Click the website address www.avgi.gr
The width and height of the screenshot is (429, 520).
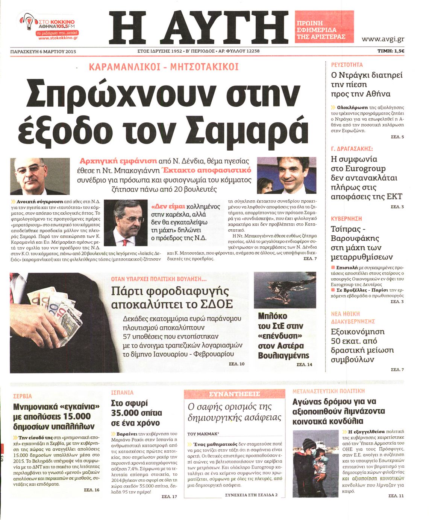click(x=382, y=39)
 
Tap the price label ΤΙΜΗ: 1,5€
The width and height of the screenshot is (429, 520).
click(x=391, y=51)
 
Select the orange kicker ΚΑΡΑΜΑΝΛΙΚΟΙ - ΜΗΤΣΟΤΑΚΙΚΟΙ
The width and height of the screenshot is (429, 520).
click(x=164, y=67)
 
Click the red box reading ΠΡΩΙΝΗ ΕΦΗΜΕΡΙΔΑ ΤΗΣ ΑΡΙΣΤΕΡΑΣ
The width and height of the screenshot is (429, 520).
click(x=324, y=26)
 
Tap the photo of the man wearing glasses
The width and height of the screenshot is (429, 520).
click(x=40, y=176)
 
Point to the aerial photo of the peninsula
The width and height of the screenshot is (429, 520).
click(x=285, y=290)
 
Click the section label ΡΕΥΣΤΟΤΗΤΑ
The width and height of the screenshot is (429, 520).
click(x=347, y=65)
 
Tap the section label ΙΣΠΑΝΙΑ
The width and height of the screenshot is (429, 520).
click(x=123, y=392)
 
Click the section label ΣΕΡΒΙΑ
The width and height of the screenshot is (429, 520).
click(x=23, y=396)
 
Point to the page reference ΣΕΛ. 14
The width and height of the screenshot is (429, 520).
click(x=304, y=364)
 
